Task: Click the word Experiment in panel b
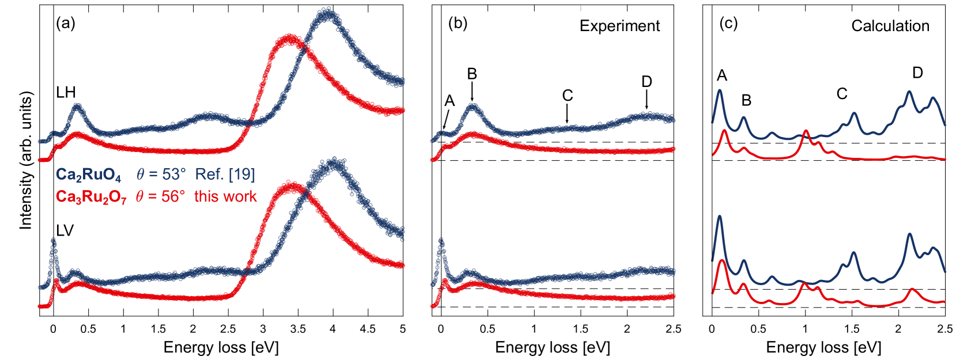[x=619, y=26]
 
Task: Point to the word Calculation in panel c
[x=890, y=26]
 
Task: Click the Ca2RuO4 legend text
[x=88, y=175]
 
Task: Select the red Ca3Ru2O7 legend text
[x=91, y=197]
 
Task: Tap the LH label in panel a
[x=66, y=92]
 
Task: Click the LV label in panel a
[x=65, y=230]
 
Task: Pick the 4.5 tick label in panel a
[x=368, y=329]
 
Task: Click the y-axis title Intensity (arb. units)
[x=26, y=160]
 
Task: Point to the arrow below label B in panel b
[x=472, y=91]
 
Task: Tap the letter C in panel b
[x=568, y=95]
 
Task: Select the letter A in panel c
[x=721, y=75]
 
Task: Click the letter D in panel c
[x=917, y=73]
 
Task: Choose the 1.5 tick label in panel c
[x=852, y=329]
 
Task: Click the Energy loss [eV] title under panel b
[x=552, y=347]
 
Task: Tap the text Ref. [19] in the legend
[x=225, y=175]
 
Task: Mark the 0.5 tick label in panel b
[x=488, y=329]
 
